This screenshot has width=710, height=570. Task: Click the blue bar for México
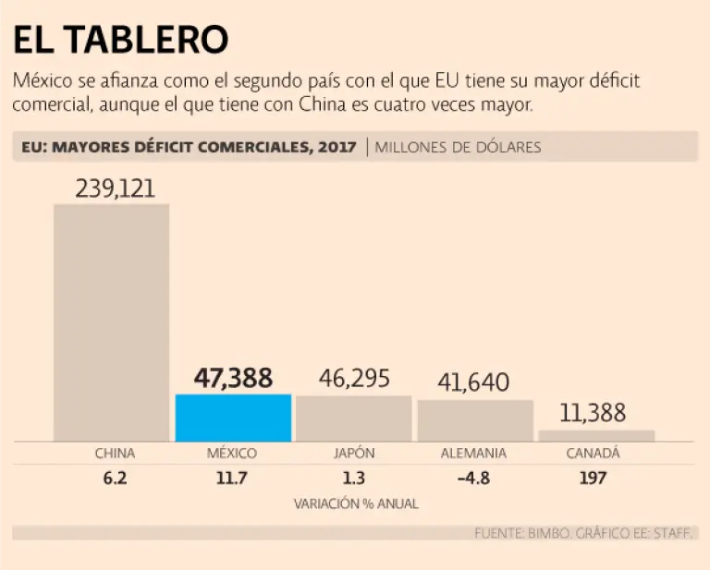pyautogui.click(x=233, y=418)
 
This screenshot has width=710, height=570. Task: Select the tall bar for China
pyautogui.click(x=111, y=322)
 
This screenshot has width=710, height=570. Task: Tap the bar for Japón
pyautogui.click(x=354, y=418)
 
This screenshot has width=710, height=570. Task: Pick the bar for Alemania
pyautogui.click(x=475, y=420)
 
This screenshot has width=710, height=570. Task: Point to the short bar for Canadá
pyautogui.click(x=596, y=435)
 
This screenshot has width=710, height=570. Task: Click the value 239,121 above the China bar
pyautogui.click(x=112, y=188)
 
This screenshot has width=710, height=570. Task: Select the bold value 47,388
pyautogui.click(x=233, y=378)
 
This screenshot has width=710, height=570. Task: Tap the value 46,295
pyautogui.click(x=354, y=378)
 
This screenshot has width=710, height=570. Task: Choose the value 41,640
pyautogui.click(x=475, y=382)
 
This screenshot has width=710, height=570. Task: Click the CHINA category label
pyautogui.click(x=115, y=454)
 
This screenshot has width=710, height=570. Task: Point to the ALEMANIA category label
pyautogui.click(x=473, y=454)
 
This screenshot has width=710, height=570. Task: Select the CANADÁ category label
pyautogui.click(x=593, y=454)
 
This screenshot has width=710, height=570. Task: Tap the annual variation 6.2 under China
pyautogui.click(x=115, y=479)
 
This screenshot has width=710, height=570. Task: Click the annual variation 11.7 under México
pyautogui.click(x=233, y=479)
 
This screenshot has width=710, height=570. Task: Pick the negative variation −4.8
pyautogui.click(x=473, y=479)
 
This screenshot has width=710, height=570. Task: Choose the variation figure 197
pyautogui.click(x=593, y=479)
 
